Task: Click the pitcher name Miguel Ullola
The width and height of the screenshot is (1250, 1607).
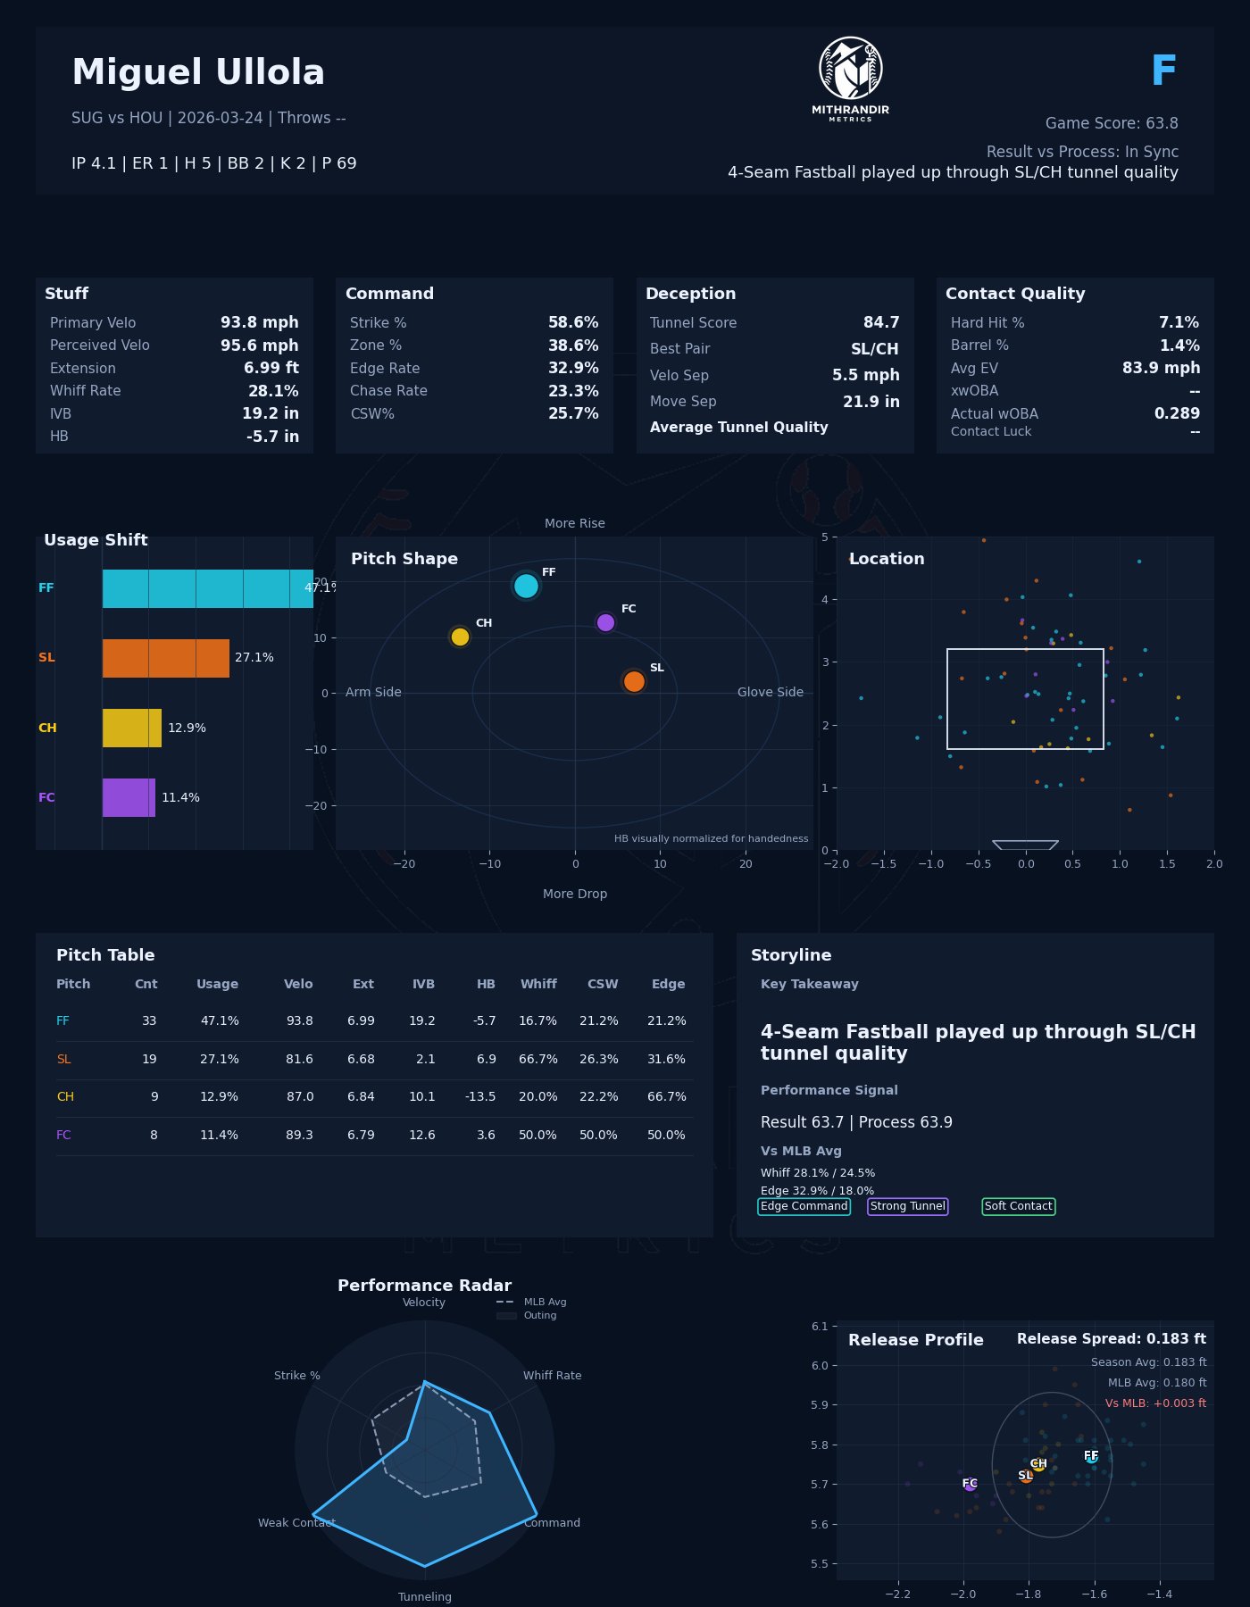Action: [x=198, y=73]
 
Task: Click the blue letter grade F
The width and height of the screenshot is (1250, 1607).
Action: [x=1163, y=71]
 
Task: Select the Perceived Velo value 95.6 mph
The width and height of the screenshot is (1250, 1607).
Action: [x=259, y=346]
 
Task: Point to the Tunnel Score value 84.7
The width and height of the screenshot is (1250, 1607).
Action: [x=881, y=322]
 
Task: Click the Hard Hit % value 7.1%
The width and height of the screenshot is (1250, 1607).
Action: [x=1179, y=322]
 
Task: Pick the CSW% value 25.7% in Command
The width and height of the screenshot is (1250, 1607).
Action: [x=573, y=413]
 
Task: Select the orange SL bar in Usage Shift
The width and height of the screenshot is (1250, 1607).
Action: [x=166, y=658]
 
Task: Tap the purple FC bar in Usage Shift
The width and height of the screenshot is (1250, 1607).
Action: [x=129, y=797]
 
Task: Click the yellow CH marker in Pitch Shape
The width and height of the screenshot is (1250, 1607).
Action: [x=460, y=637]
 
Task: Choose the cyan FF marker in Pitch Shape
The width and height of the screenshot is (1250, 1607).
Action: [x=526, y=586]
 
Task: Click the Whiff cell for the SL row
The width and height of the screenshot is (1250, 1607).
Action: [x=537, y=1059]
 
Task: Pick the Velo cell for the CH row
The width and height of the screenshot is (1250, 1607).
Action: [x=300, y=1096]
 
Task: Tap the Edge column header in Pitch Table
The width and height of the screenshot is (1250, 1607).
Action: [x=668, y=984]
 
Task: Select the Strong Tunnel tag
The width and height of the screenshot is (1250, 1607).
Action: [x=907, y=1206]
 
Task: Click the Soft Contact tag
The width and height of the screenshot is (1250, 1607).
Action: [x=1018, y=1206]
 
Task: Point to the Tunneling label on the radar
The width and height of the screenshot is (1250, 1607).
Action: [x=425, y=1596]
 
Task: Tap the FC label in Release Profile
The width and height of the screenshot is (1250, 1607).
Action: [x=970, y=1484]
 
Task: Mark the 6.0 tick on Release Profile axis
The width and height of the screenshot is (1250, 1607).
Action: [x=820, y=1365]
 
